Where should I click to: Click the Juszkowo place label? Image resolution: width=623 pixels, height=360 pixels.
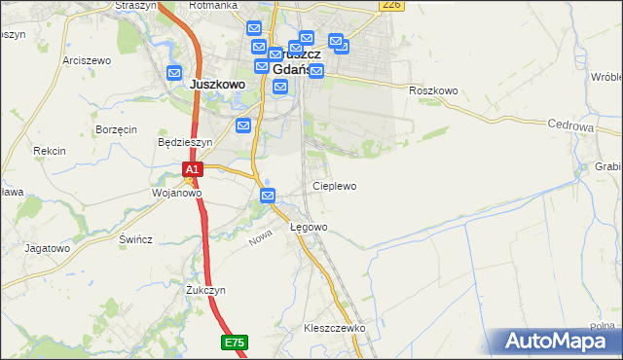click(x=217, y=85)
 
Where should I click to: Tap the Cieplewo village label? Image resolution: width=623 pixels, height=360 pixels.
click(x=334, y=185)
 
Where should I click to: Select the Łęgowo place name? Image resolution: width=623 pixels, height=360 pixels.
click(x=309, y=227)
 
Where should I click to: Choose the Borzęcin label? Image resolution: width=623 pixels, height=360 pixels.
click(x=116, y=129)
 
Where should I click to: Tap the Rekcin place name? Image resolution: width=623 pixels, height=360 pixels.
click(x=49, y=151)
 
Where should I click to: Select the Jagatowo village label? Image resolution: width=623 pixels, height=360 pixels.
click(x=48, y=248)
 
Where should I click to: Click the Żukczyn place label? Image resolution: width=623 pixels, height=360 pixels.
click(x=205, y=290)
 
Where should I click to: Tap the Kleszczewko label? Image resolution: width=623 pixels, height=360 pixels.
click(x=334, y=328)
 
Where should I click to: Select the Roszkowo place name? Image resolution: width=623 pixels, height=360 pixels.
click(x=433, y=90)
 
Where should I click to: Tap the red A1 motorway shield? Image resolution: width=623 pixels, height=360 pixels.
click(x=193, y=169)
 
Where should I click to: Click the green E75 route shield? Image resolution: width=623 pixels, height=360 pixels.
click(x=234, y=342)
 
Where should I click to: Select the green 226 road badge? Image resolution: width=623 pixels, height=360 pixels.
click(x=391, y=5)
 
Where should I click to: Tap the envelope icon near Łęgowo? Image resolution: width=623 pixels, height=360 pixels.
click(x=270, y=197)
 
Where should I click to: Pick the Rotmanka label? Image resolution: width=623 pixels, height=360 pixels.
click(x=213, y=5)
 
